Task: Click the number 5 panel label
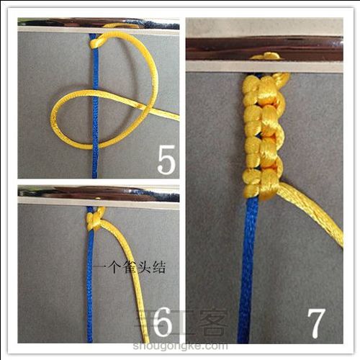[166, 161]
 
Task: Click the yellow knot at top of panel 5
[97, 42]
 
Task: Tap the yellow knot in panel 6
[94, 219]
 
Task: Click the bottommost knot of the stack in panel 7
[261, 189]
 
